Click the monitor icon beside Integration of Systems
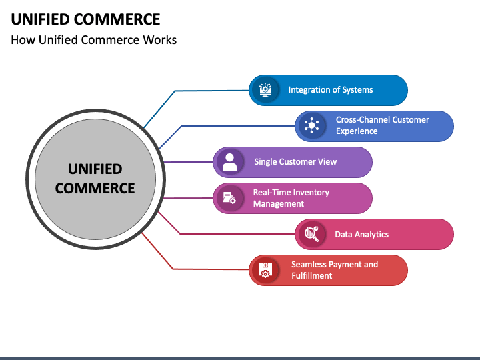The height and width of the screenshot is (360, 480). point(265,90)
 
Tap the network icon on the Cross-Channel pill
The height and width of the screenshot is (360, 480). point(311,125)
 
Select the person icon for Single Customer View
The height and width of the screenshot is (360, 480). point(229,161)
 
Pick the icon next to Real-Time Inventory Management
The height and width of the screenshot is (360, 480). point(229,198)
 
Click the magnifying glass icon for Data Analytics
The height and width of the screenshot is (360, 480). point(311,234)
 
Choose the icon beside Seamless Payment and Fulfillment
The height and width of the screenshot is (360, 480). point(265,270)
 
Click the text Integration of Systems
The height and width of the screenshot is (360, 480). point(331,90)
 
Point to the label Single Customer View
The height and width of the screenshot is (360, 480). point(295,161)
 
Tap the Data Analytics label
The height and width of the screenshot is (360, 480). point(361,234)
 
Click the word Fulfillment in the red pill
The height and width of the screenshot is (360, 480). point(311,275)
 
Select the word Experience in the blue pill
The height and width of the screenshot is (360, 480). point(357,131)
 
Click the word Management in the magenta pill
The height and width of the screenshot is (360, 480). point(279,203)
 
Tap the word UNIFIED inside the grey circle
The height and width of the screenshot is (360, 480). point(95,169)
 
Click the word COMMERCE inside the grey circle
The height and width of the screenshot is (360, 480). point(95,188)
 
